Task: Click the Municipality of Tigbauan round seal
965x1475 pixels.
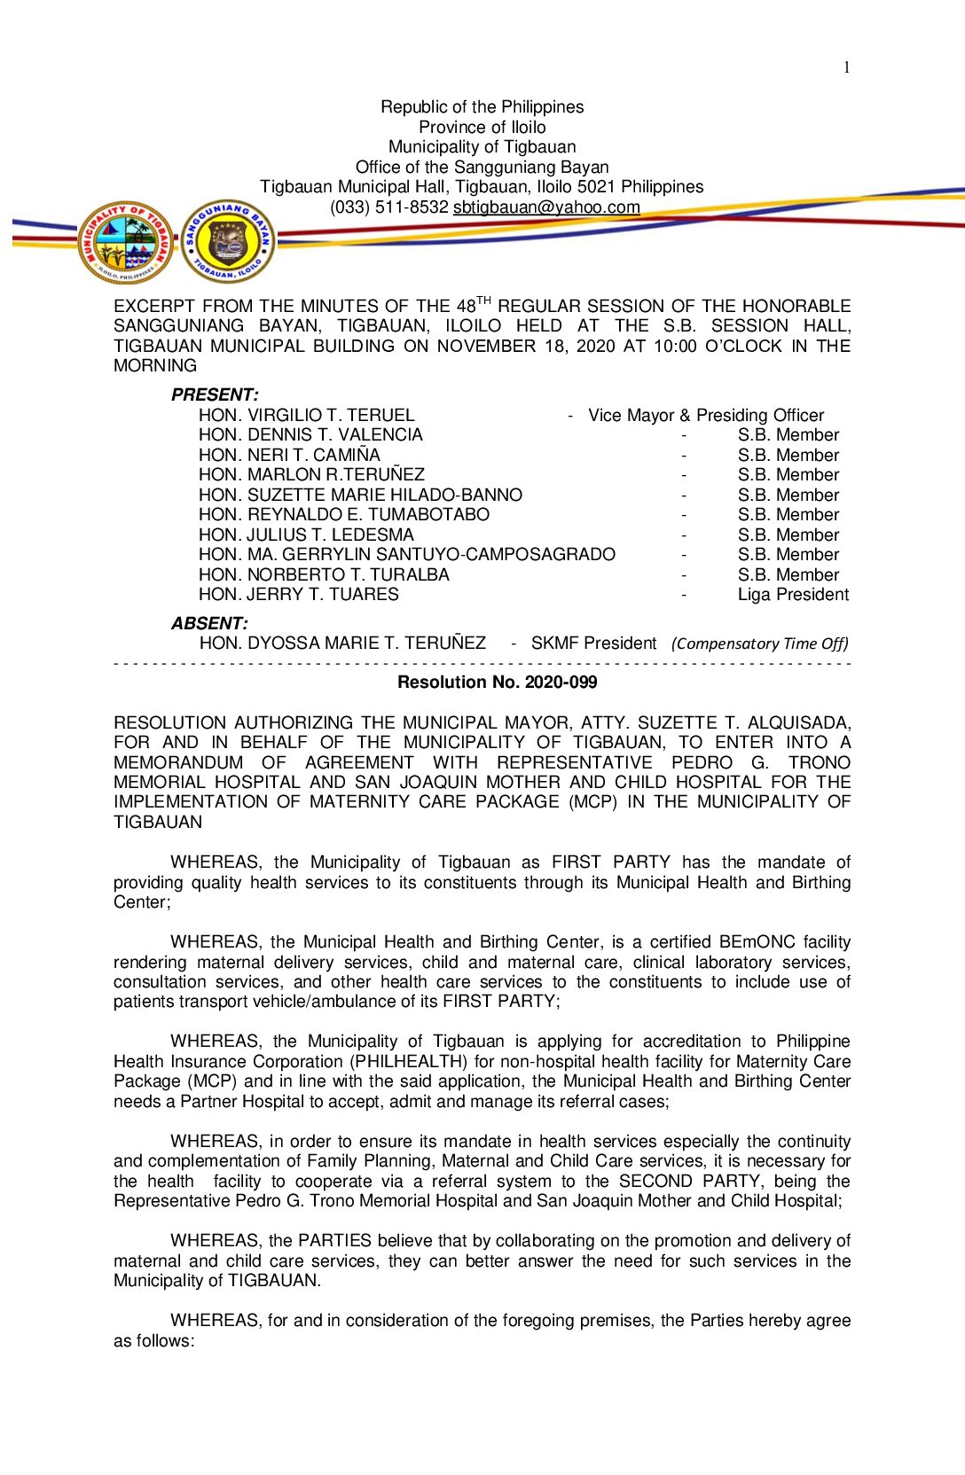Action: point(127,242)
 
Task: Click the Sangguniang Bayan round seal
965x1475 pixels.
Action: point(228,242)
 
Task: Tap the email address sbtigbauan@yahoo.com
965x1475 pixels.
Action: point(546,207)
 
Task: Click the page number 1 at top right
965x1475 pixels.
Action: point(847,67)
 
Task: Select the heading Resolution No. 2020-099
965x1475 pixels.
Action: point(497,683)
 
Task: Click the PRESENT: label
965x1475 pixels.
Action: point(215,395)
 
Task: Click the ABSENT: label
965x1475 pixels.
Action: point(209,624)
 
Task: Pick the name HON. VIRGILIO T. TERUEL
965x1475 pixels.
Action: point(306,416)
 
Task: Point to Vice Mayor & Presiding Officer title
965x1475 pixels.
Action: point(706,416)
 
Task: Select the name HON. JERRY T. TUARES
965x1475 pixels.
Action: point(298,595)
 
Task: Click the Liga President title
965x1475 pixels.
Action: point(793,595)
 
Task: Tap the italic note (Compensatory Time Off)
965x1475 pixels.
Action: point(759,644)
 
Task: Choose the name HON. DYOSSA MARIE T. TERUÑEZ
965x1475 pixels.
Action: point(342,644)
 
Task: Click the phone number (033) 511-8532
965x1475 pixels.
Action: point(388,207)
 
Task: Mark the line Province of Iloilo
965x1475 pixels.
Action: point(482,128)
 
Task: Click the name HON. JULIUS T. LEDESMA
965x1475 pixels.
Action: point(306,535)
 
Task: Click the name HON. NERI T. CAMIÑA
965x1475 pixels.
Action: point(289,456)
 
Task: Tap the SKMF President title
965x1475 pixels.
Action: point(593,644)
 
